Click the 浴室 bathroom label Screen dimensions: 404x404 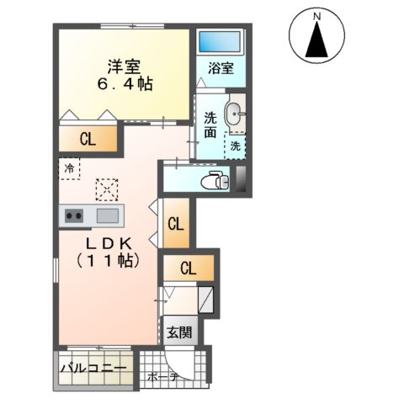pos(221,69)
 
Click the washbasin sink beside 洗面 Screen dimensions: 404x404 pos(235,111)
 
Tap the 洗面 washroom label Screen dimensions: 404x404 pos(210,125)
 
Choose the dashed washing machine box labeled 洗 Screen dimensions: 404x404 pos(235,145)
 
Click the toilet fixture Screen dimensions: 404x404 pos(216,179)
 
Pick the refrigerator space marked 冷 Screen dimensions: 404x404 pos(69,167)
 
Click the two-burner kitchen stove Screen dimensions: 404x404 pos(73,215)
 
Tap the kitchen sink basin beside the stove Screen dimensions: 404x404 pos(107,215)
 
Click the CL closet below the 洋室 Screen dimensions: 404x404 pos(87,139)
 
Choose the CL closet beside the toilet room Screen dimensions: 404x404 pos(176,224)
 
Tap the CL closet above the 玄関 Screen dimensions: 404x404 pos(189,269)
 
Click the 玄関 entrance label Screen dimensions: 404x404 pos(178,332)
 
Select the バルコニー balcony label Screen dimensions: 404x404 pos(94,368)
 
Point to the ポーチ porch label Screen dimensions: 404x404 pos(162,377)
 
